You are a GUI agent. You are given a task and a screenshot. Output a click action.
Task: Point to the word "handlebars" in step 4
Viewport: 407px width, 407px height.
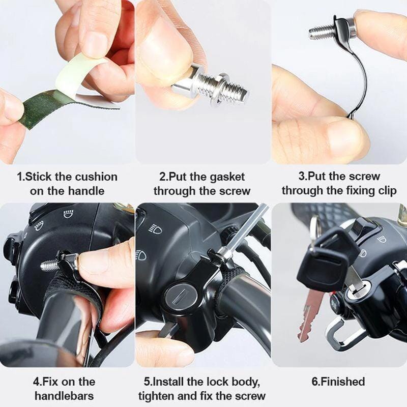pyautogui.click(x=64, y=396)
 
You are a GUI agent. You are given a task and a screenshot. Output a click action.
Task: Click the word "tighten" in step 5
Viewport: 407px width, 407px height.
pyautogui.click(x=158, y=396)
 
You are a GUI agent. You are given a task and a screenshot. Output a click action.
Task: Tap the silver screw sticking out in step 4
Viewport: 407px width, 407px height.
pyautogui.click(x=49, y=265)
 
